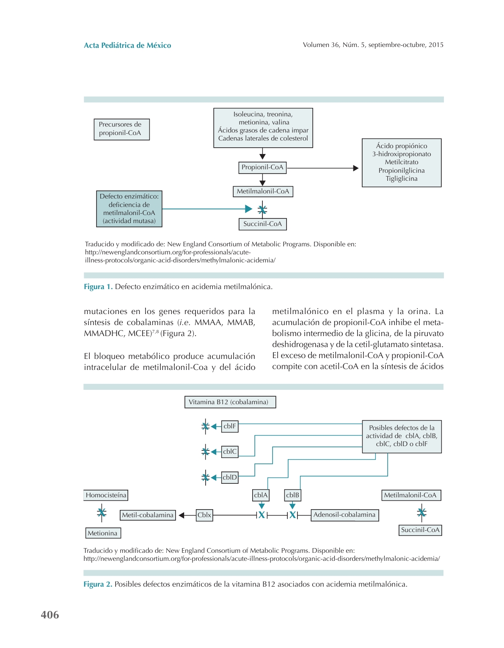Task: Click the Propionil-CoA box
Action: tap(262, 168)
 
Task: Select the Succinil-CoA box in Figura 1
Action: tap(262, 224)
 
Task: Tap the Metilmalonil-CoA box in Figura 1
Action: tap(263, 191)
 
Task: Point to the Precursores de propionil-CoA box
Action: tap(121, 129)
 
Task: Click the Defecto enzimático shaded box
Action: tap(129, 209)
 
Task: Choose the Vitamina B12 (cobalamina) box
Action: tap(230, 402)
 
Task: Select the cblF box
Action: tap(230, 426)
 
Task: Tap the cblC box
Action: tap(230, 452)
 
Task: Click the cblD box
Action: tap(230, 477)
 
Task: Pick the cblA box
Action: tap(261, 495)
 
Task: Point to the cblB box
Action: tap(292, 495)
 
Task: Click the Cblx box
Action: tap(204, 515)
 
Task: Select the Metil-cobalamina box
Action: tap(148, 515)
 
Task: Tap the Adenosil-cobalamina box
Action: tap(344, 515)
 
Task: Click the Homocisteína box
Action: tap(106, 495)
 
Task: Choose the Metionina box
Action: tap(103, 533)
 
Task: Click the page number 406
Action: tap(50, 615)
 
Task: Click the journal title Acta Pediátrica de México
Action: tap(127, 45)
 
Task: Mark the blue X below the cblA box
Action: tap(262, 515)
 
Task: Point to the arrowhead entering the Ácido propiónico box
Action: tap(356, 168)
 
